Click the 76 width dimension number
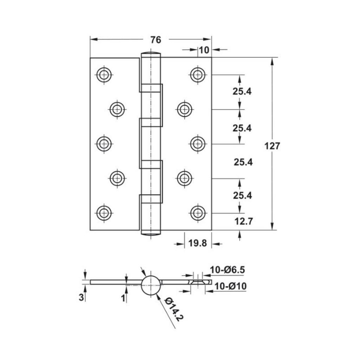pyautogui.click(x=155, y=40)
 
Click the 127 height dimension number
pyautogui.click(x=272, y=146)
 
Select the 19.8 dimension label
pyautogui.click(x=198, y=243)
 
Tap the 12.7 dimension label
pyautogui.click(x=243, y=221)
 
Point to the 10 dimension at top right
pyautogui.click(x=204, y=50)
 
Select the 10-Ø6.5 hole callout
pyautogui.click(x=227, y=270)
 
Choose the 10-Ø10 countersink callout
pyautogui.click(x=230, y=286)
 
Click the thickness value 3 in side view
pyautogui.click(x=81, y=297)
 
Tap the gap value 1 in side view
pyautogui.click(x=123, y=298)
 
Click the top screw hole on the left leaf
pyautogui.click(x=104, y=75)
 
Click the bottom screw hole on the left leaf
pyautogui.click(x=104, y=213)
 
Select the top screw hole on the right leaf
pyautogui.click(x=198, y=75)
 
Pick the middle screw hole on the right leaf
pyautogui.click(x=198, y=144)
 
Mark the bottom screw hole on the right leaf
pyautogui.click(x=198, y=213)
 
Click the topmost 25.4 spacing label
pyautogui.click(x=242, y=91)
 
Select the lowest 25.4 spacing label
pyautogui.click(x=242, y=195)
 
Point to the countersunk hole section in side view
pyautogui.click(x=199, y=282)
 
